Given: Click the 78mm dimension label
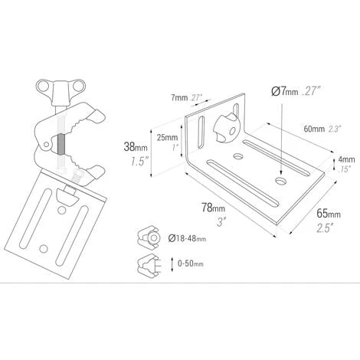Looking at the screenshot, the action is [214, 208].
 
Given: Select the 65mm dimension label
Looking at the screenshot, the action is [329, 214].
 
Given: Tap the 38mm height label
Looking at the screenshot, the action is [136, 147].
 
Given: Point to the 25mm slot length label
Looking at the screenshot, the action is [167, 138].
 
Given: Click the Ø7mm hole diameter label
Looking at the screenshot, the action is [285, 92].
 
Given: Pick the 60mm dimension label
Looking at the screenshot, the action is [314, 129].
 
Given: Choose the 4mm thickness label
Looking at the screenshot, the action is [346, 159].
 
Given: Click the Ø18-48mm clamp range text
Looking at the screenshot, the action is [187, 238].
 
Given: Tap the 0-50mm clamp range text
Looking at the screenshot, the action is [191, 263].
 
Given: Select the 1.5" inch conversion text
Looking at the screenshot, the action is [139, 162].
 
